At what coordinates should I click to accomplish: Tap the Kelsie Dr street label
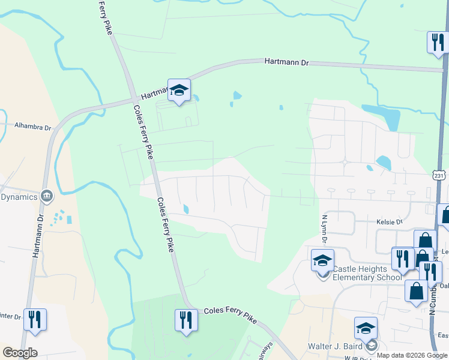click(389, 222)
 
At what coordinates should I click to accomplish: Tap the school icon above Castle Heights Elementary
click(322, 262)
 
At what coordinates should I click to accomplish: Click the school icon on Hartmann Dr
click(179, 91)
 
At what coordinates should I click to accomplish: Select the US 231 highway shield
click(439, 175)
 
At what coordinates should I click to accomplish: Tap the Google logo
click(20, 353)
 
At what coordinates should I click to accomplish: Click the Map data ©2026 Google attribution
click(412, 355)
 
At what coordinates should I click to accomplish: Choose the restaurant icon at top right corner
click(436, 42)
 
